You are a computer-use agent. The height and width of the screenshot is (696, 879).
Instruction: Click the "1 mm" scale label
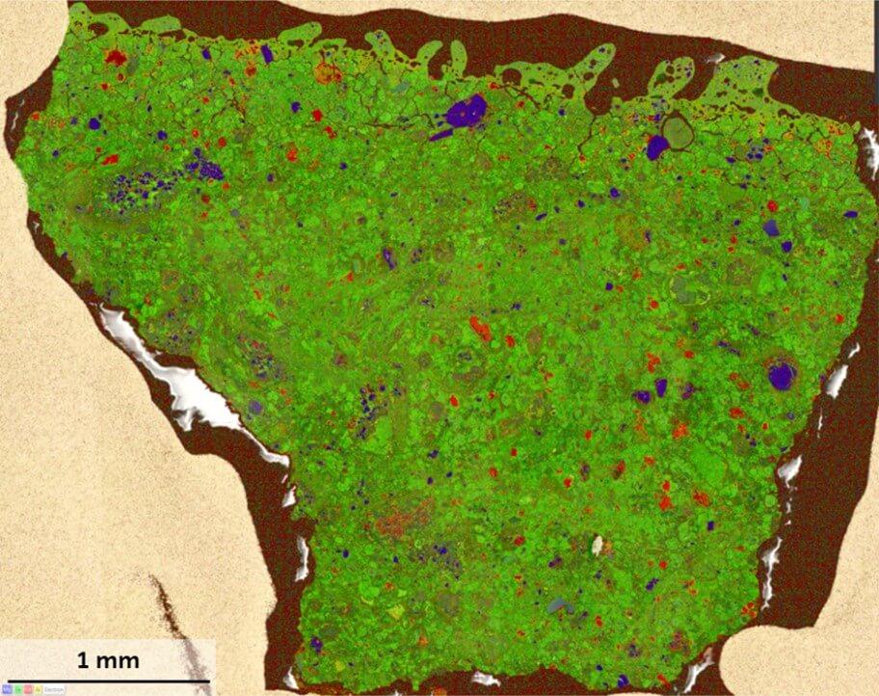(x=108, y=661)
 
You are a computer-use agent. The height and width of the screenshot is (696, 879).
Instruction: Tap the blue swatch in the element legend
(x=7, y=689)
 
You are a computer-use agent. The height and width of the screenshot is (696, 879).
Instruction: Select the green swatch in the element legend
(x=18, y=689)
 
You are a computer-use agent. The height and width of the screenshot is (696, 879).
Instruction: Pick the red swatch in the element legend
(x=28, y=689)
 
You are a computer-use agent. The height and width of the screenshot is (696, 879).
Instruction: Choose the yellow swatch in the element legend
(x=38, y=689)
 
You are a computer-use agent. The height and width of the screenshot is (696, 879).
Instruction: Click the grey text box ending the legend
(x=54, y=689)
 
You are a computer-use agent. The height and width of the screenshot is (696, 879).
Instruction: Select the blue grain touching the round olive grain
(x=658, y=147)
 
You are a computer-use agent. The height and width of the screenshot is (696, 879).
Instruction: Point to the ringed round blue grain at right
(x=782, y=374)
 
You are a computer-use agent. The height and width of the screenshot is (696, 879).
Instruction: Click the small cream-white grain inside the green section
(x=597, y=545)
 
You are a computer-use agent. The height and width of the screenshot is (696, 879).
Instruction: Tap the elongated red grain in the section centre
(x=480, y=329)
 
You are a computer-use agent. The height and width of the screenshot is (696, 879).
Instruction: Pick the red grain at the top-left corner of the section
(x=116, y=58)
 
